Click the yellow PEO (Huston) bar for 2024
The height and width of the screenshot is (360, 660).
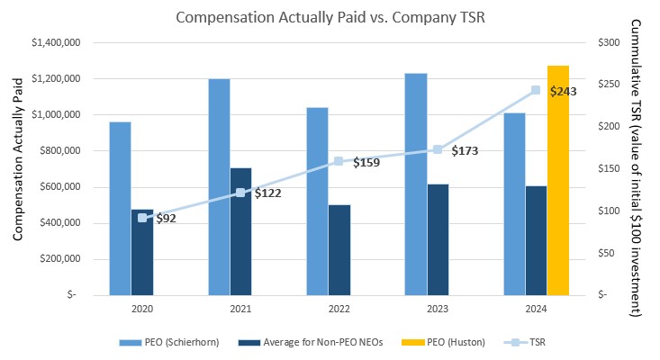(558, 180)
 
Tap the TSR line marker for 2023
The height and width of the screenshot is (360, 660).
(438, 149)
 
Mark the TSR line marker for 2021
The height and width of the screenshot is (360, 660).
(240, 192)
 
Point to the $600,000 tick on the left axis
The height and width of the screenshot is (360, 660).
(60, 187)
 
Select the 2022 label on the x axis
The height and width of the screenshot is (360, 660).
(339, 307)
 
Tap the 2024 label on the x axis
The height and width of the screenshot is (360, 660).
(537, 307)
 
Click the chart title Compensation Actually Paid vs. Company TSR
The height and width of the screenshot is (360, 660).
(330, 16)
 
